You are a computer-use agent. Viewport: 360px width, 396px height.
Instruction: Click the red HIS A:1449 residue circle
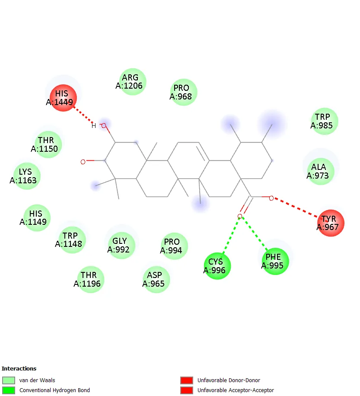(x=63, y=98)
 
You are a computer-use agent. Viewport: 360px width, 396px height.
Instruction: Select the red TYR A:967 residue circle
(x=331, y=223)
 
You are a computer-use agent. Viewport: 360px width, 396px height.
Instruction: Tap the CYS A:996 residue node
(x=217, y=266)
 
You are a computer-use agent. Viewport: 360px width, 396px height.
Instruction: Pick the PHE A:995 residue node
(x=275, y=261)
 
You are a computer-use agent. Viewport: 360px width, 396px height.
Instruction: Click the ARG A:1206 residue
(x=133, y=82)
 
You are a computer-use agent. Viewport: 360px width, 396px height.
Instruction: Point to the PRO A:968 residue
(x=184, y=92)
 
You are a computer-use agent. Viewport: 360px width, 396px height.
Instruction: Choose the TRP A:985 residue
(x=325, y=121)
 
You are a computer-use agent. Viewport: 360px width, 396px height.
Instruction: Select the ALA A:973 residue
(x=321, y=171)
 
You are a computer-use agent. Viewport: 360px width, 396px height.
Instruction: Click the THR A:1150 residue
(x=48, y=144)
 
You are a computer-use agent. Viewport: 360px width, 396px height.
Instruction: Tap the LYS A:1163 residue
(x=27, y=176)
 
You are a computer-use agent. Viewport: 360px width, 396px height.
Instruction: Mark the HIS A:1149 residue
(x=37, y=218)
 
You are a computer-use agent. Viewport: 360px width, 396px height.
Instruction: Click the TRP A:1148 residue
(x=72, y=240)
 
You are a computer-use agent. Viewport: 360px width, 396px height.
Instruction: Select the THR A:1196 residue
(x=90, y=279)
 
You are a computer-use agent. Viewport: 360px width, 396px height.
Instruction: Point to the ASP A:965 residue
(x=156, y=279)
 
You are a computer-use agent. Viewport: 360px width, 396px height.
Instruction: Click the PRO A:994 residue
(x=174, y=246)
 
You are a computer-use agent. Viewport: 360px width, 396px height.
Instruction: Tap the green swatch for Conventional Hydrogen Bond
(x=9, y=390)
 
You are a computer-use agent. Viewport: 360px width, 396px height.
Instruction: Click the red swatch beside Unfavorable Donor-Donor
(x=187, y=380)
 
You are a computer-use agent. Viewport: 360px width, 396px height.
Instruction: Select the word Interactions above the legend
(x=19, y=368)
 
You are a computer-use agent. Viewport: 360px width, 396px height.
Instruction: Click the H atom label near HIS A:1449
(x=94, y=126)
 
